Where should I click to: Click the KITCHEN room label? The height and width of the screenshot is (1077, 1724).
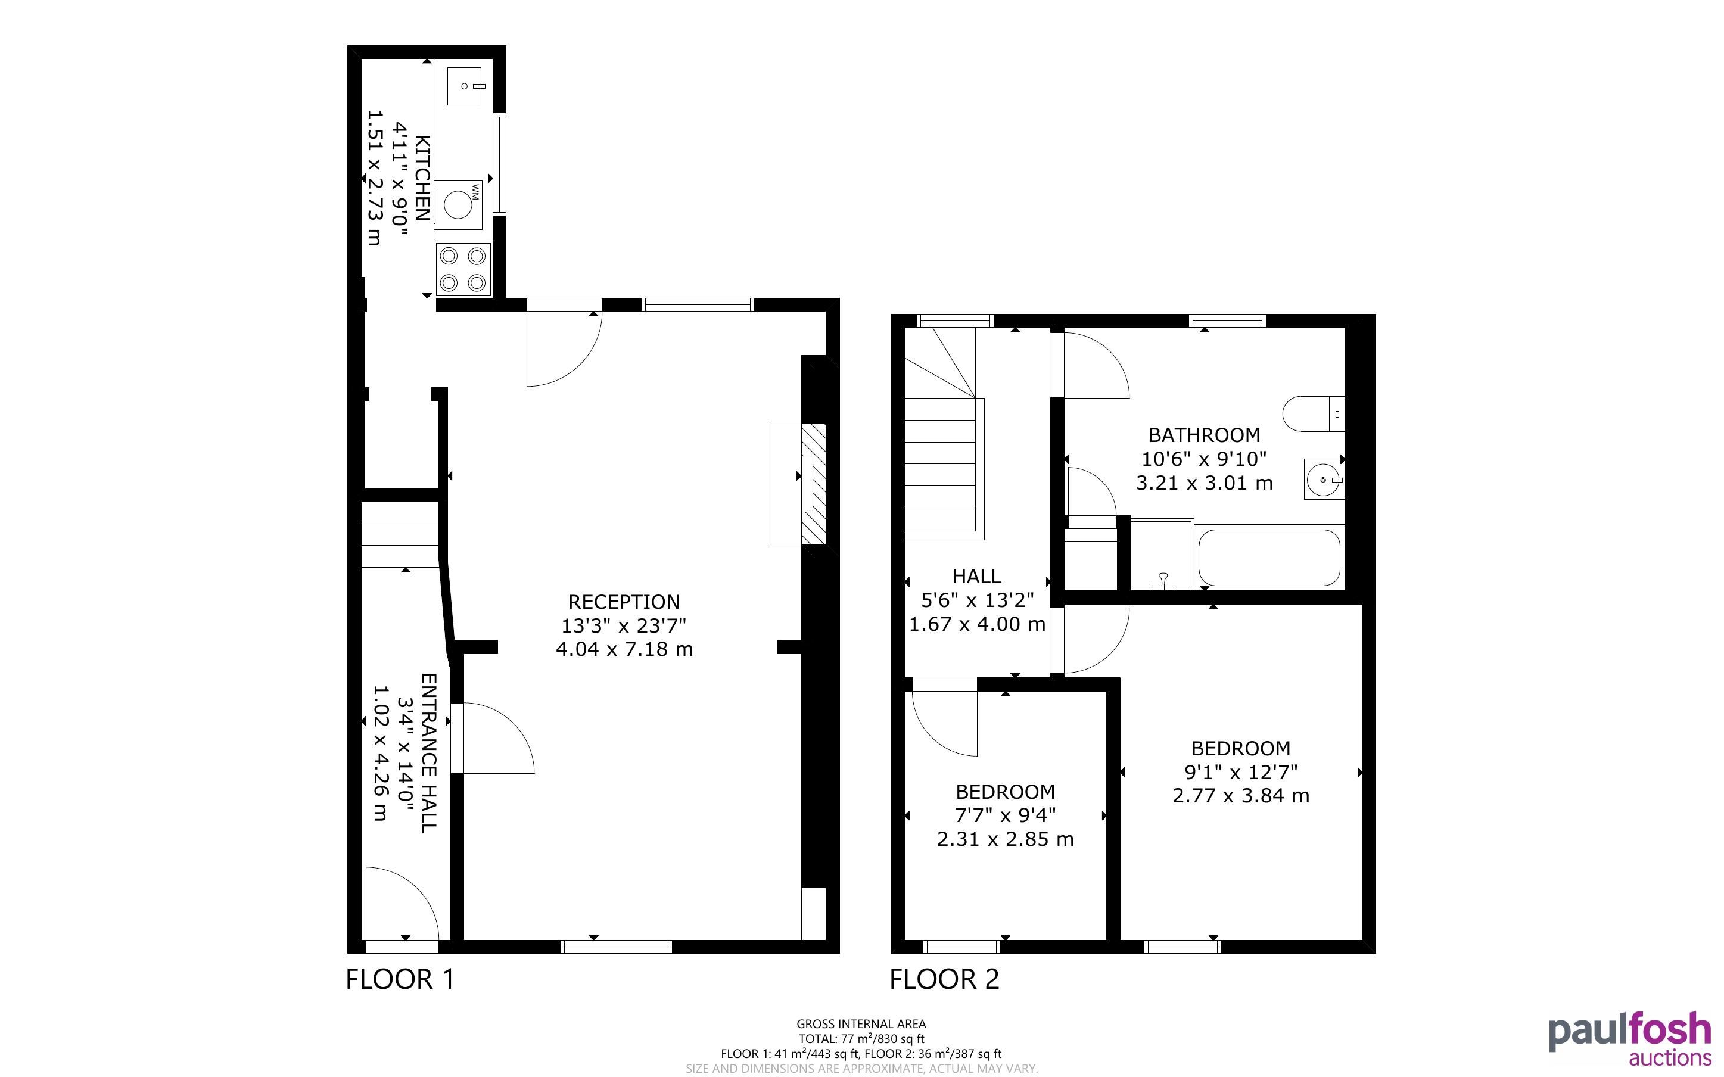click(422, 178)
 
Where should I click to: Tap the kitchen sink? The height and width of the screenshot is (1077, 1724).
click(464, 86)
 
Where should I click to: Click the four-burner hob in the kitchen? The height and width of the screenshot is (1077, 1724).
click(463, 269)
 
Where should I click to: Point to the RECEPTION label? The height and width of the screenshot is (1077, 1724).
click(624, 602)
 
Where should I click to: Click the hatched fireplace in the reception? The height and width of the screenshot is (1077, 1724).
click(813, 484)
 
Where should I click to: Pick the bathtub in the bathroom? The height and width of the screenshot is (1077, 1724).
click(1269, 558)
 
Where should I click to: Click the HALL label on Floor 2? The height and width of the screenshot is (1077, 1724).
click(977, 576)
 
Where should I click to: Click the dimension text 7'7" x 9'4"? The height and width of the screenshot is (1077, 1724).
click(1006, 815)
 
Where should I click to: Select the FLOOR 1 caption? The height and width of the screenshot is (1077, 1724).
click(400, 979)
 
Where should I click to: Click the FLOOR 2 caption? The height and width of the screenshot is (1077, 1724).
click(944, 979)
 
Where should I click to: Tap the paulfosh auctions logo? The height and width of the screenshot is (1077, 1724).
click(1630, 1039)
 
